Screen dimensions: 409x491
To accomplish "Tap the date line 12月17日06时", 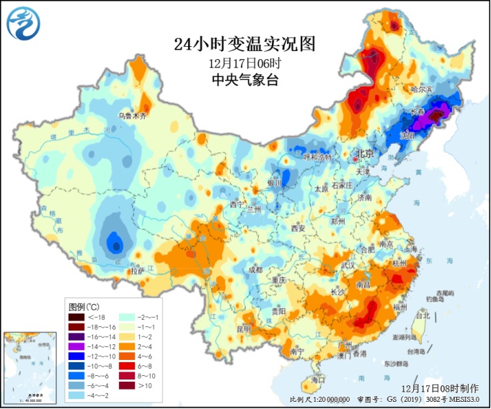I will click(x=245, y=63).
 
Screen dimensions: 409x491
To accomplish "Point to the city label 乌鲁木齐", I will click(x=137, y=115).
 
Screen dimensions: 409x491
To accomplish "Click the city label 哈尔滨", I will click(x=420, y=89).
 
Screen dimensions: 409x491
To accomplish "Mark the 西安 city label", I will click(x=299, y=229).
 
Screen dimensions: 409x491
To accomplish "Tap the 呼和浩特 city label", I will click(x=317, y=157).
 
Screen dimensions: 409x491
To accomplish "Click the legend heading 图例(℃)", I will click(x=85, y=306).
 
